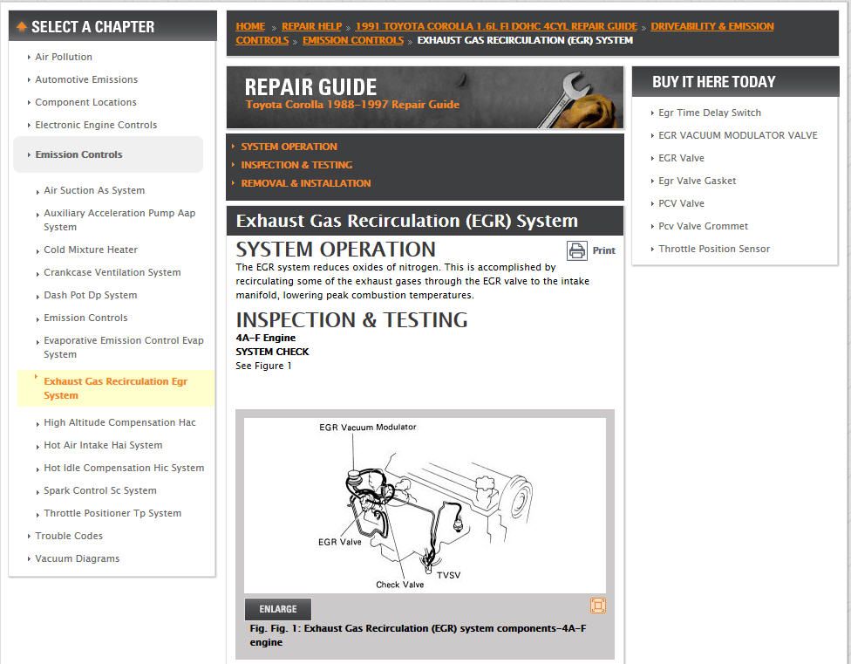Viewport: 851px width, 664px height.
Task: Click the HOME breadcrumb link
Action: tap(250, 26)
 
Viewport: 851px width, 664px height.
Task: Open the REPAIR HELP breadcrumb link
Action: tap(311, 26)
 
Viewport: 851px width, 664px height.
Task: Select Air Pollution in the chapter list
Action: tap(64, 57)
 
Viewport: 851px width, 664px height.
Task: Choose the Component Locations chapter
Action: tap(85, 102)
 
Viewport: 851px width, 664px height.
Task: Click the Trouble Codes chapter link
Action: tap(69, 536)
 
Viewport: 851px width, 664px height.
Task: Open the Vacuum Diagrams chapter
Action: tap(77, 558)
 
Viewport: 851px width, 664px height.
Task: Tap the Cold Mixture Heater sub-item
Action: tap(91, 250)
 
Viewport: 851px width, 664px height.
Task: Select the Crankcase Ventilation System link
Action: tap(112, 272)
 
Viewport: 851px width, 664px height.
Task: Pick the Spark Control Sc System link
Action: tap(100, 491)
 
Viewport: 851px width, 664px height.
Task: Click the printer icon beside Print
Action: tap(577, 250)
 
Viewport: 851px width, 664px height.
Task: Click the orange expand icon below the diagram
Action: tap(598, 606)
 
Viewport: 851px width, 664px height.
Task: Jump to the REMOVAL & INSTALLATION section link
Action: tap(306, 183)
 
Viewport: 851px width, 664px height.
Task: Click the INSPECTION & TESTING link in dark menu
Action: tap(296, 165)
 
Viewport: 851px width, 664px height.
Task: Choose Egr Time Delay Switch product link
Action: tap(710, 113)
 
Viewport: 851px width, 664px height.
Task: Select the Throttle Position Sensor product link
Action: tap(714, 250)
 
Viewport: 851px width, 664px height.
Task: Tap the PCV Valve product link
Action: tap(681, 203)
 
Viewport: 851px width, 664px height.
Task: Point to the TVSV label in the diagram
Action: tap(448, 576)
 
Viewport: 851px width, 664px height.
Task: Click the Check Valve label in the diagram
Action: tap(400, 585)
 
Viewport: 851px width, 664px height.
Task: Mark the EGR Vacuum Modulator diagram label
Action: tap(367, 428)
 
